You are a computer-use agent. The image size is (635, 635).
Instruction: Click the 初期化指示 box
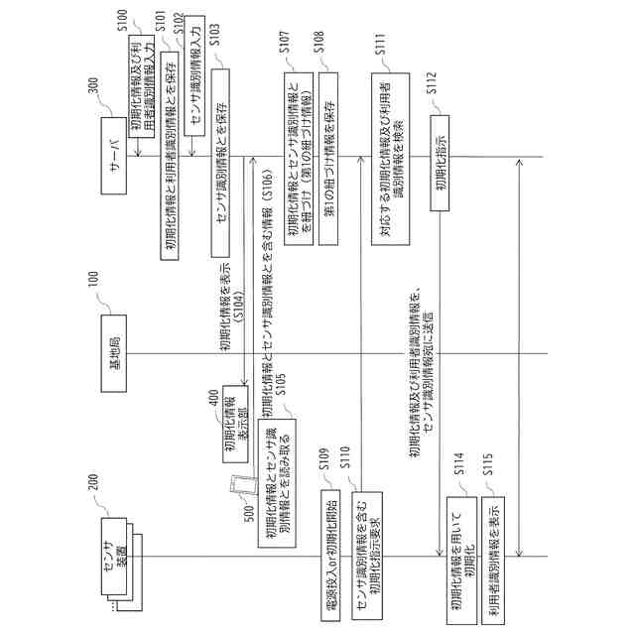439,157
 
